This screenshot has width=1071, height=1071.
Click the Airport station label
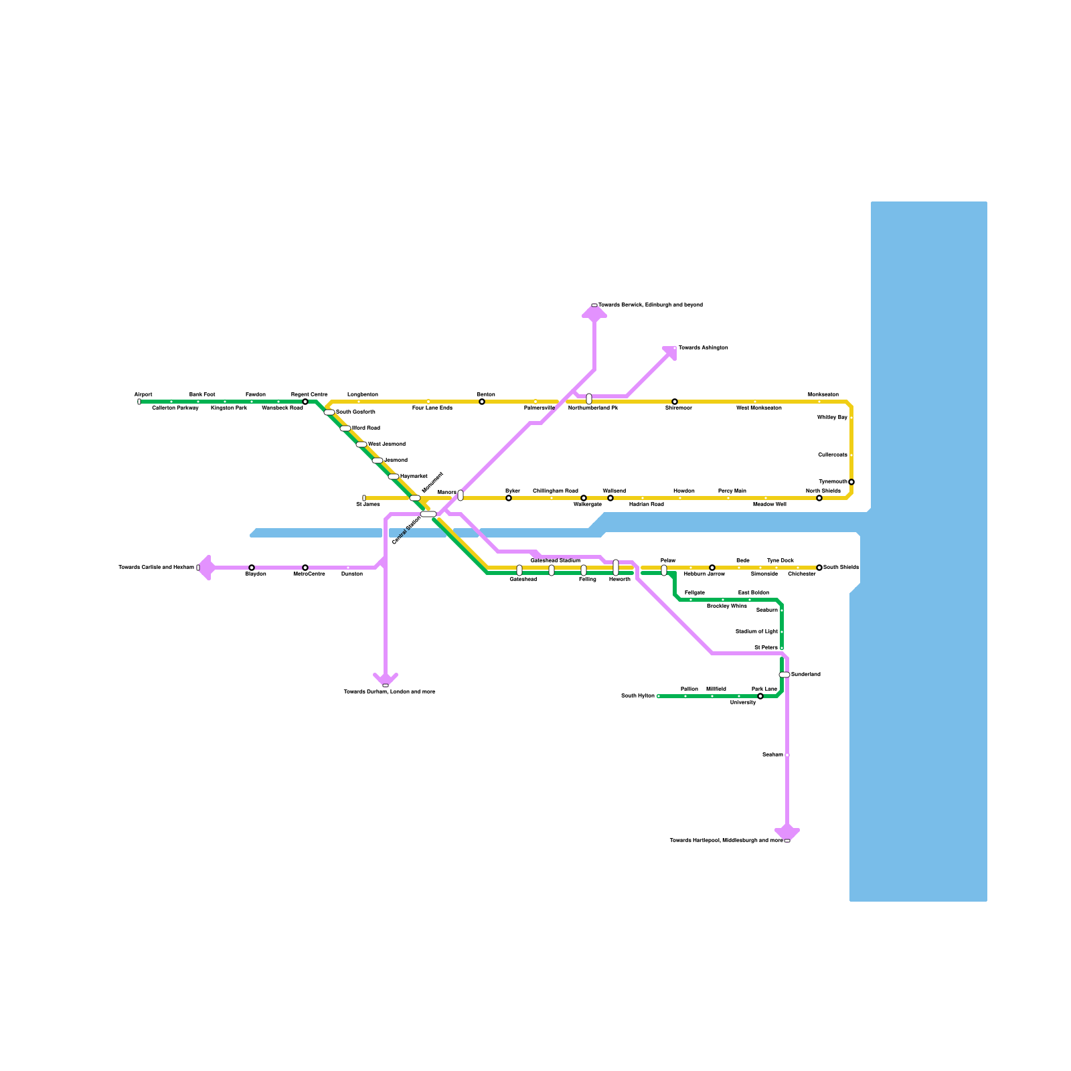click(x=143, y=395)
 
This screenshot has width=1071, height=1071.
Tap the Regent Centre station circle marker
click(x=305, y=402)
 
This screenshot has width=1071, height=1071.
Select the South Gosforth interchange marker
click(x=329, y=412)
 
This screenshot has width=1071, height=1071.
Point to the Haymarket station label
click(x=414, y=477)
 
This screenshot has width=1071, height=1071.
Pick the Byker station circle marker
click(x=509, y=498)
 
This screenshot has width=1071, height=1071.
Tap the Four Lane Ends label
click(x=432, y=408)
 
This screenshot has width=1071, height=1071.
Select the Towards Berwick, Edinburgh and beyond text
click(x=650, y=305)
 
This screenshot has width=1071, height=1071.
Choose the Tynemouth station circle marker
click(x=851, y=482)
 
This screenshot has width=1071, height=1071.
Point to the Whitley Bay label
click(x=832, y=418)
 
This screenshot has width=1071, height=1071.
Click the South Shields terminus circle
click(x=819, y=568)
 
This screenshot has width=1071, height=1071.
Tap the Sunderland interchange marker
click(x=785, y=675)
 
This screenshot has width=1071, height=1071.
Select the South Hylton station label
click(x=637, y=696)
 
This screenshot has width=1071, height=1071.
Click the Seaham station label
click(x=772, y=755)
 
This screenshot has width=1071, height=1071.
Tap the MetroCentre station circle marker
click(x=305, y=568)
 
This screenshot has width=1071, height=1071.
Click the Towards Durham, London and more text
click(x=389, y=691)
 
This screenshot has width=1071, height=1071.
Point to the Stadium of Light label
click(x=756, y=632)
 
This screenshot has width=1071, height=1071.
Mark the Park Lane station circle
click(x=760, y=696)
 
